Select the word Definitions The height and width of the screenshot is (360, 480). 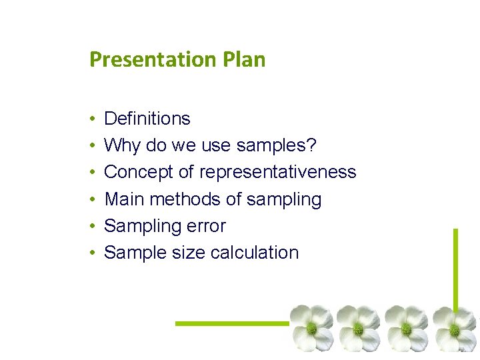click(x=147, y=119)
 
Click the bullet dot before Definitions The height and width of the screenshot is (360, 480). click(x=91, y=119)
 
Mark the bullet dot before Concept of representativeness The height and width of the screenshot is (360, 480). click(x=91, y=173)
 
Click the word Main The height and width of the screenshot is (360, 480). click(x=125, y=199)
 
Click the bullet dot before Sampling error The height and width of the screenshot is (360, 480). click(x=91, y=226)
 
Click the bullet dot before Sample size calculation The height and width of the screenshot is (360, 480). click(x=91, y=253)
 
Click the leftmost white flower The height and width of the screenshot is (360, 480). click(x=311, y=327)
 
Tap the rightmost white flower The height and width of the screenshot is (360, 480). click(x=454, y=327)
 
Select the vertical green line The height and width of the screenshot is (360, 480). click(x=456, y=267)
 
